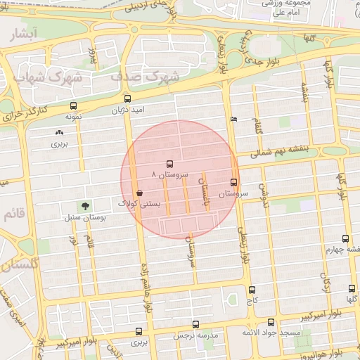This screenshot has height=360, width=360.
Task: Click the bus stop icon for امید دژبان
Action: pyautogui.click(x=127, y=99)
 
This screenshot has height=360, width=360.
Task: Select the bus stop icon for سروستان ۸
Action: pyautogui.click(x=169, y=163)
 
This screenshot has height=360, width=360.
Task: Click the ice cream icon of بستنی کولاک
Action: pyautogui.click(x=139, y=192)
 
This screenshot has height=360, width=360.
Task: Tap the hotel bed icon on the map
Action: pyautogui.click(x=234, y=119)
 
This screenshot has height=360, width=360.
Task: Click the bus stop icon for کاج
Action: pyautogui.click(x=252, y=290)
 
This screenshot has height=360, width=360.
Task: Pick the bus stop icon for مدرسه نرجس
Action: pyautogui.click(x=195, y=325)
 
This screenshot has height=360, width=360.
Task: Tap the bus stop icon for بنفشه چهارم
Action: pyautogui.click(x=345, y=239)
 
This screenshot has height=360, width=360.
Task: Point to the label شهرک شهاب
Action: pyautogui.click(x=49, y=75)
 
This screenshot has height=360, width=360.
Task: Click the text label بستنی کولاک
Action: pyautogui.click(x=141, y=204)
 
